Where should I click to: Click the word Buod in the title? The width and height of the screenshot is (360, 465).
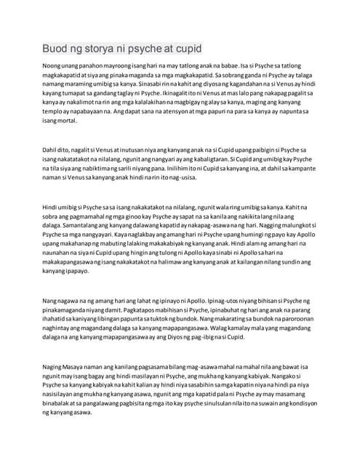(57, 49)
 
